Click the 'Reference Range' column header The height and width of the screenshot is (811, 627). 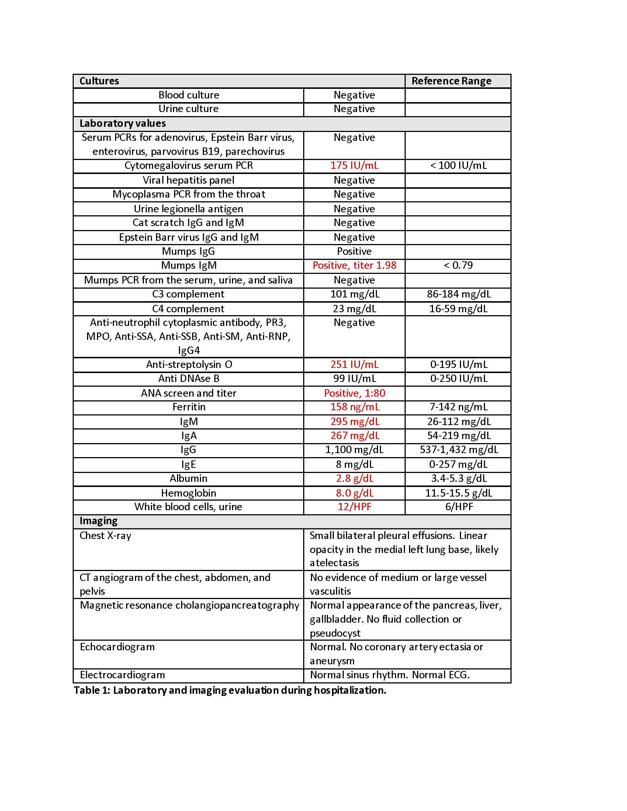451,81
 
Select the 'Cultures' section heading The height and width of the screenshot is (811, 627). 99,81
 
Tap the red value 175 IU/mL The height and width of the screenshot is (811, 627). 354,166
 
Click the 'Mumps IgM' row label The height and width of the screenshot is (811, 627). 189,265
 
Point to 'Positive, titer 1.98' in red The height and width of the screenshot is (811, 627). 354,265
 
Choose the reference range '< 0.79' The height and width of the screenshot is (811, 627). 458,265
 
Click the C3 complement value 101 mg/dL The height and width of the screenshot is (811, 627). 355,294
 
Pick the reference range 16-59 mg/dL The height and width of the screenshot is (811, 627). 458,309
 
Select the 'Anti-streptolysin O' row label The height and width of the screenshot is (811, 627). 189,365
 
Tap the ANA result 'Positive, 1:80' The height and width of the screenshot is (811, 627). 354,393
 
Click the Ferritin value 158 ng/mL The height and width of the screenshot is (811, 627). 355,407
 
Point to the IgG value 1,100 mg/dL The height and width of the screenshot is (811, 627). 354,450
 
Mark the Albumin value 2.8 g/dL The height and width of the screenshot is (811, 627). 354,478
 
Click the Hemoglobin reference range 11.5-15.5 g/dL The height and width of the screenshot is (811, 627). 458,493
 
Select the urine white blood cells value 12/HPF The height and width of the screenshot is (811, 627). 354,507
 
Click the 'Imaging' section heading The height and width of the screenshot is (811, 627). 98,521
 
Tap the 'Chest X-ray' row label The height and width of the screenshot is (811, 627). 105,536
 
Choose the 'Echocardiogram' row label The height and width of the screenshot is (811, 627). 117,647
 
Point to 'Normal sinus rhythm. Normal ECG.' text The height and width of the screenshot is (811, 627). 389,675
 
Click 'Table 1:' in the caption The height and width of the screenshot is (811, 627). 92,690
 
